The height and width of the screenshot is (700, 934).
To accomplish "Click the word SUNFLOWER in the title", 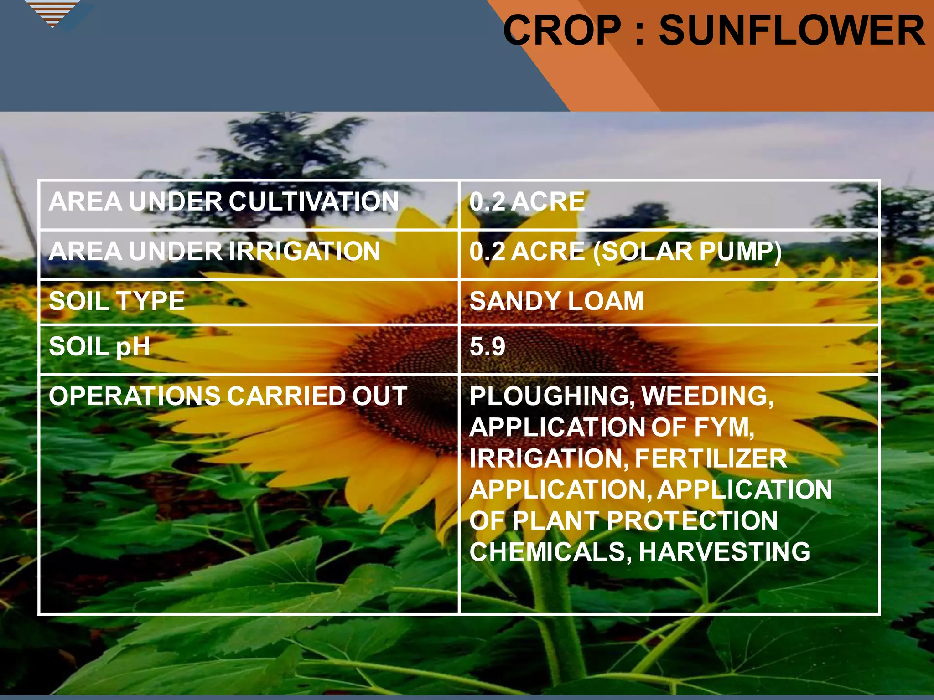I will [792, 31].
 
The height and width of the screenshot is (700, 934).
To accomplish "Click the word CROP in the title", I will [562, 31].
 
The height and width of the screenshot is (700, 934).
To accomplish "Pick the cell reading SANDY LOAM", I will [556, 301].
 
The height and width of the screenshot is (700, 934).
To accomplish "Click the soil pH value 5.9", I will [488, 347].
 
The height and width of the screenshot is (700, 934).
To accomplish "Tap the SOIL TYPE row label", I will [117, 301].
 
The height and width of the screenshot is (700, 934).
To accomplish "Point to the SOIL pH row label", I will [99, 347].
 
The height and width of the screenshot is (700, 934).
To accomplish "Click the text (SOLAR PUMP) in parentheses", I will [687, 251].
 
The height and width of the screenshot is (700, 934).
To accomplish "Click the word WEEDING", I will [707, 396].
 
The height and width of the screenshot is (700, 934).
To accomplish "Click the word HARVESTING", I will [724, 552].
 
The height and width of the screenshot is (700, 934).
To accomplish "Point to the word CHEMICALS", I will [550, 552].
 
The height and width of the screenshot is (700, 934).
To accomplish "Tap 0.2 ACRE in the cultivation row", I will [527, 201].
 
